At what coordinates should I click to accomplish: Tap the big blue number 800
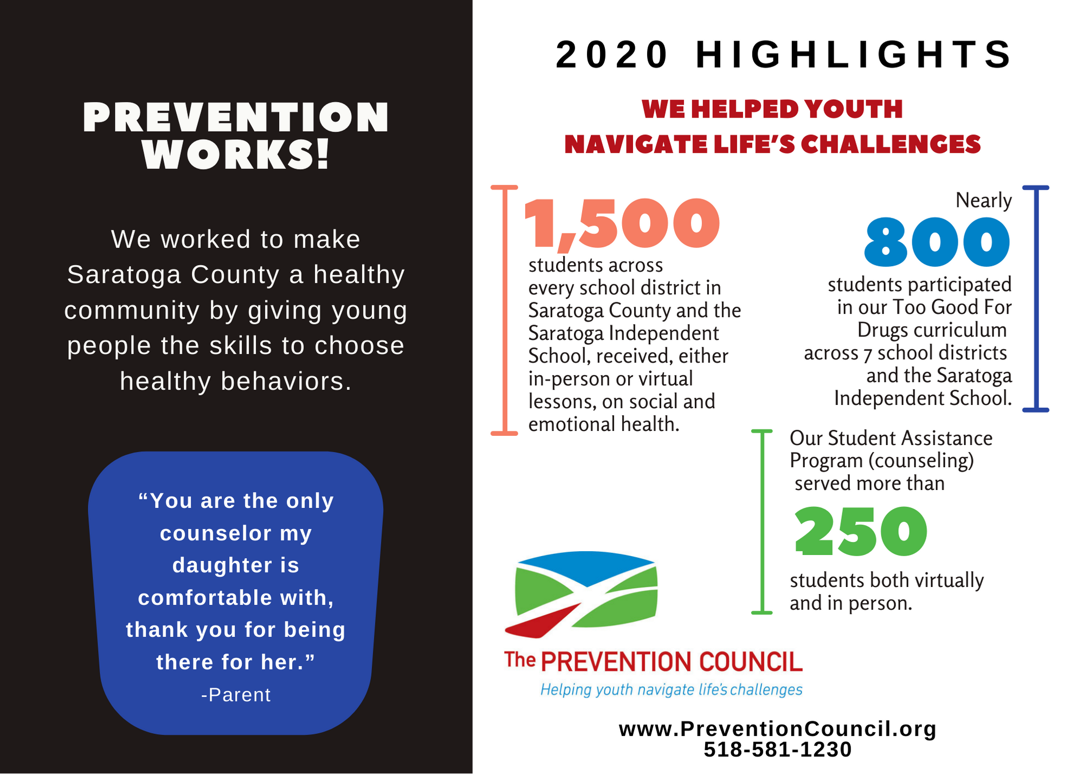(938, 242)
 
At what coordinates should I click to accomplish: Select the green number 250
(861, 532)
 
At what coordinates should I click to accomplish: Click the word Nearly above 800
(983, 201)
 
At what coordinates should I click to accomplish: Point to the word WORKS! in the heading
(236, 154)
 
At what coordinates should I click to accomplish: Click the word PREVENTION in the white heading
(236, 118)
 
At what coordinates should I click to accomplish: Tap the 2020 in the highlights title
(612, 55)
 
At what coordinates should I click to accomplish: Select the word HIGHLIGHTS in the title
(853, 55)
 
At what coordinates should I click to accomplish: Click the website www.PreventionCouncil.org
(778, 728)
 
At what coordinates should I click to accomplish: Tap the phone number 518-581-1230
(778, 750)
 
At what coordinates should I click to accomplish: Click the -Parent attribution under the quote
(236, 695)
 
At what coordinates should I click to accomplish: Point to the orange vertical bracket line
(505, 310)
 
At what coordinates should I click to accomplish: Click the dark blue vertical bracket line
(1036, 299)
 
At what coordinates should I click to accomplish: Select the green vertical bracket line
(762, 522)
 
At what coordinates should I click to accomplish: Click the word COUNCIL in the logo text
(751, 662)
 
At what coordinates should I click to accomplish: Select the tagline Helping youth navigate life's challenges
(672, 689)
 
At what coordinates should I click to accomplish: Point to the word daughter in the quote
(236, 565)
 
